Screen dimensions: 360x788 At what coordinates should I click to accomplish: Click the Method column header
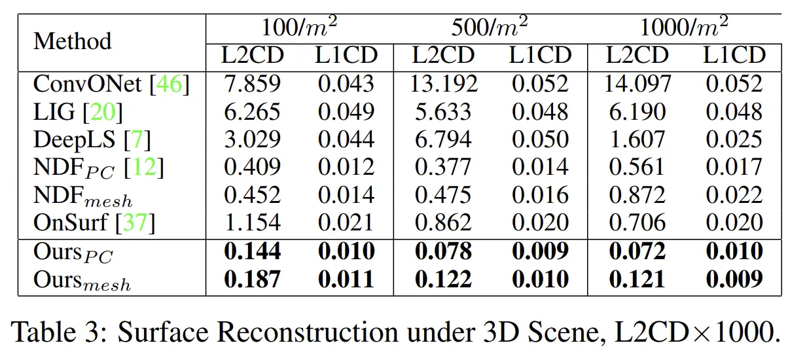pos(72,41)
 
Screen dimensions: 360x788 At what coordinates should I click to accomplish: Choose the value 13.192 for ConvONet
pos(444,84)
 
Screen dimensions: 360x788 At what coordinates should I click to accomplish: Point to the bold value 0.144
pos(252,252)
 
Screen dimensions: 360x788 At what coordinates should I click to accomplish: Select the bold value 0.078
pos(444,252)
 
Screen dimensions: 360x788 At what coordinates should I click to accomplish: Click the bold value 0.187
pos(252,279)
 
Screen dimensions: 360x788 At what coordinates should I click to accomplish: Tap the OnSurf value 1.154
pos(252,223)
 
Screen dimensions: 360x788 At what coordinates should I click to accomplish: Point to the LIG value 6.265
pos(252,112)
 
